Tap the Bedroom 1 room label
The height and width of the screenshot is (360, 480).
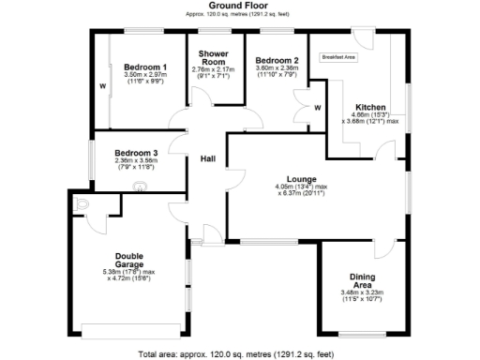pos(145,67)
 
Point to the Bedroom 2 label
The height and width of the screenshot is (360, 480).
pos(277,59)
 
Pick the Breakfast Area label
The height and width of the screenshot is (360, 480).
pos(338,57)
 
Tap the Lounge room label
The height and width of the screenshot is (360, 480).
pos(301,178)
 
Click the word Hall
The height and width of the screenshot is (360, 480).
pos(208,159)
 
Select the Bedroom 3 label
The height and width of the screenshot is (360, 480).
pos(137,153)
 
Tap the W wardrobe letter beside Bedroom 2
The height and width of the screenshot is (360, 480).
pos(317,108)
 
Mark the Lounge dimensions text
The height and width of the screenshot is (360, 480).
pos(301,190)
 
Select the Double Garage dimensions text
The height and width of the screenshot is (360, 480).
pos(129,276)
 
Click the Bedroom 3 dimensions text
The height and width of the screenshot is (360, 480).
pos(137,164)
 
